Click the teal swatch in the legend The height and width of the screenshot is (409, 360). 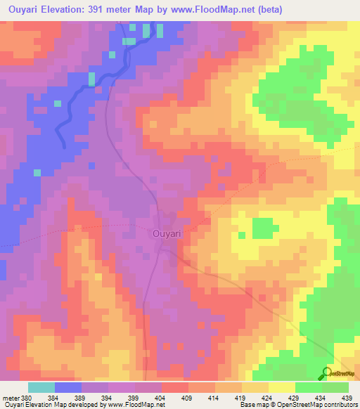[x=41, y=387]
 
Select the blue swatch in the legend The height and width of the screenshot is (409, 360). [x=68, y=387]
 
